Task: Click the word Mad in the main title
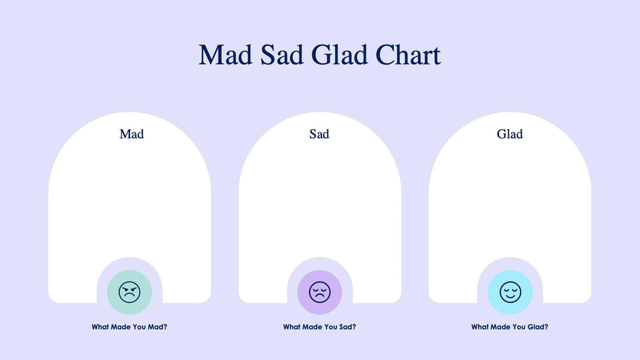[x=225, y=55]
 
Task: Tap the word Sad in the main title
[x=282, y=55]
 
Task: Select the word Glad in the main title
[x=339, y=55]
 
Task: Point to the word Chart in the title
[x=408, y=55]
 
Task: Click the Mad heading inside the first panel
[x=131, y=134]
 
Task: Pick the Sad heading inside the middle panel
[x=319, y=134]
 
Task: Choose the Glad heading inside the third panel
[x=509, y=134]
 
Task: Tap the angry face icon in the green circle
[x=129, y=292]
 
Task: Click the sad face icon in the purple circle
[x=319, y=292]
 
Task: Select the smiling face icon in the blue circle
[x=510, y=292]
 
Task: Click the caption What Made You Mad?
[x=129, y=327]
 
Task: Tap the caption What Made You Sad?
[x=319, y=327]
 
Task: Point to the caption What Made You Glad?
[x=510, y=327]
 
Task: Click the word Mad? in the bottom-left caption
[x=157, y=327]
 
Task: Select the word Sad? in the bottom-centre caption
[x=347, y=327]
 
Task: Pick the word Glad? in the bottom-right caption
[x=538, y=327]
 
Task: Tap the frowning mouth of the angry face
[x=129, y=296]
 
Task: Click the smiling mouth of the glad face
[x=510, y=296]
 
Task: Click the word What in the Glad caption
[x=480, y=327]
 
